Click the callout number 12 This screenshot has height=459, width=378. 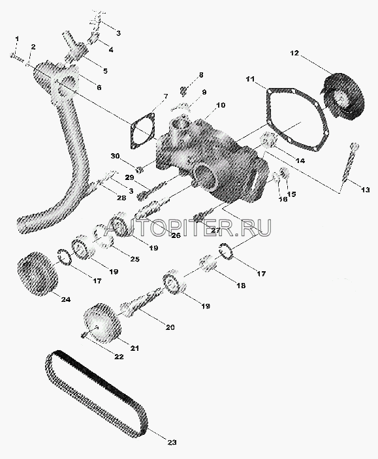(x=294, y=53)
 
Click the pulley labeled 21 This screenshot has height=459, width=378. (x=102, y=323)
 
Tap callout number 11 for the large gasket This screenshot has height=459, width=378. (x=250, y=80)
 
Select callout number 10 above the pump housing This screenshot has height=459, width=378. (x=221, y=105)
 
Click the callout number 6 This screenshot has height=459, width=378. (x=99, y=87)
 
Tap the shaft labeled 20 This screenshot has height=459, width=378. (x=140, y=303)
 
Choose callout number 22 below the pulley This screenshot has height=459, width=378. (x=119, y=357)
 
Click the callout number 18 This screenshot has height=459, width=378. (x=241, y=286)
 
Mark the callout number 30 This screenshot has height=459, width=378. (x=115, y=156)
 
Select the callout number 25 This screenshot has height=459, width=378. (x=134, y=259)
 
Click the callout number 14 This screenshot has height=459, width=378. (x=300, y=160)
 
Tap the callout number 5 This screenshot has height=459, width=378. (x=105, y=70)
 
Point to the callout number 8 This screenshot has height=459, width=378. (x=200, y=75)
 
